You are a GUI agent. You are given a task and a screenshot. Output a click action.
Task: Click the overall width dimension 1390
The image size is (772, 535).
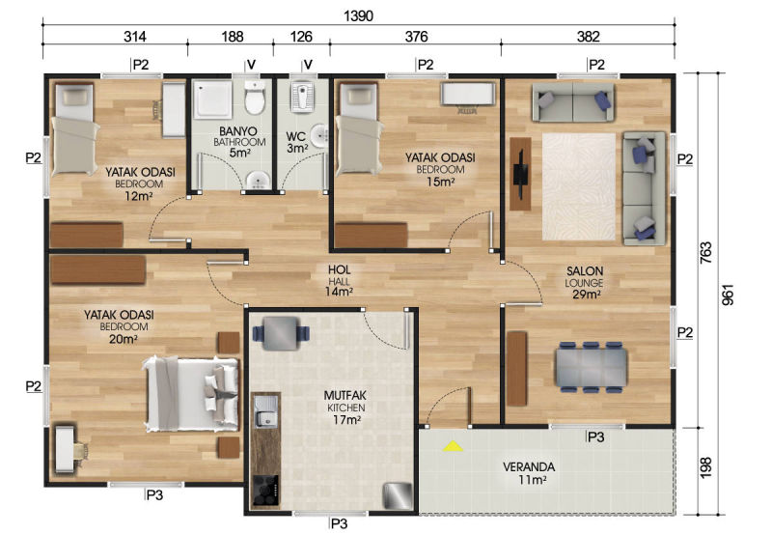pos(358,15)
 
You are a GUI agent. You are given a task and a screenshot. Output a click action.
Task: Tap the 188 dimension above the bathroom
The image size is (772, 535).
pos(232,37)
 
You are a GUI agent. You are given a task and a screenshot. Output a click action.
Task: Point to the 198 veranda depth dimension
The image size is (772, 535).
pos(706,467)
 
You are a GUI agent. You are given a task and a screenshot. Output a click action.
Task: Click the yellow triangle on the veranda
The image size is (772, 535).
pos(453,446)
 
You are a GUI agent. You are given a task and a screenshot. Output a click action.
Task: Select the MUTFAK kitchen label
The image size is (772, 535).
pos(345,395)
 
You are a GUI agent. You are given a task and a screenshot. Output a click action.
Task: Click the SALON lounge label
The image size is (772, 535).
pos(585,271)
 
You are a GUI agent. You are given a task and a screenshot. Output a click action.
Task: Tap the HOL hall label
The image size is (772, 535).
pos(340,269)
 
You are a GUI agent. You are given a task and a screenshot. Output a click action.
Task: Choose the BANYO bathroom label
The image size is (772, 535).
pos(238,131)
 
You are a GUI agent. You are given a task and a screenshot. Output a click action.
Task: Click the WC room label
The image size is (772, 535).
pos(296,136)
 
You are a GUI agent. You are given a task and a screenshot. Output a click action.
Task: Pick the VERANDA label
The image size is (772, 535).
pos(529,466)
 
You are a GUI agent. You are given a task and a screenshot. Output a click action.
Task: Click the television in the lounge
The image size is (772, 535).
pos(520,174)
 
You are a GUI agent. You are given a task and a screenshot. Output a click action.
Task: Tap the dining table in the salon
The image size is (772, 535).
pos(592,367)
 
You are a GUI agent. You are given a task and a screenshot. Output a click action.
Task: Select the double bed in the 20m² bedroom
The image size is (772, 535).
pos(191,394)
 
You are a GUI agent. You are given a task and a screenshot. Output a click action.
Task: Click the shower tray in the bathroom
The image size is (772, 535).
pos(212,100)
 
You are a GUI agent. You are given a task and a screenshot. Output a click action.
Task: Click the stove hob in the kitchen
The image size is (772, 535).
pos(265,491)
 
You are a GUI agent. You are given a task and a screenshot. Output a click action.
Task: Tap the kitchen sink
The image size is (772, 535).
pos(266,411)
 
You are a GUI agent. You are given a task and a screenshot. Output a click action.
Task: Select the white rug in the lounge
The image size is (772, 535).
pos(579,186)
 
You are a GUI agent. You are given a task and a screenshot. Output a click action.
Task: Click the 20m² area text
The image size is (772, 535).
pos(124,338)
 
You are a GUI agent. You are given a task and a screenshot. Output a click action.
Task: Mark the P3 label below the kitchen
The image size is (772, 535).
pos(340,523)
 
